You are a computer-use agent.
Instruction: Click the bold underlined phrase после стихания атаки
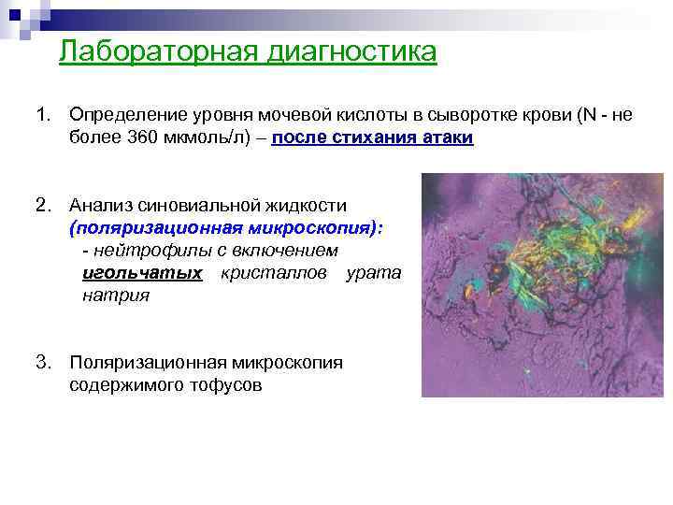373,138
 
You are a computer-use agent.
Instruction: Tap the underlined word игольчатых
142,273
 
